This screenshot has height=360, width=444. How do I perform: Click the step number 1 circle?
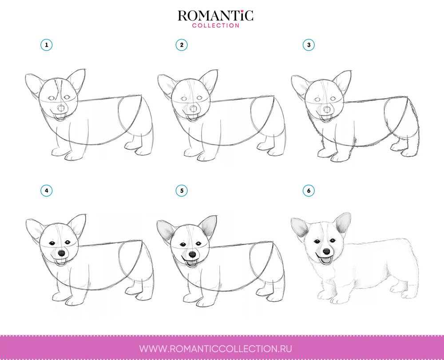pos(47,45)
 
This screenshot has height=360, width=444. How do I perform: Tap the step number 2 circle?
pos(182,45)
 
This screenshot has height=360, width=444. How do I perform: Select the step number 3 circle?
pos(309,45)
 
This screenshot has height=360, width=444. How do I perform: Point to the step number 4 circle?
pos(47,190)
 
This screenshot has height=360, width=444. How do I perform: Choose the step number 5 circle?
pos(182,190)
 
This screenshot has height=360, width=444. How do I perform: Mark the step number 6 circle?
pos(309,190)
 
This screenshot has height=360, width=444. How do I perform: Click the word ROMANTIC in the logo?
pos(215,16)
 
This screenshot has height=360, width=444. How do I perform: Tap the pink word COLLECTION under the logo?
pos(215,25)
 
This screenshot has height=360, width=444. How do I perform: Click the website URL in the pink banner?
pos(215,348)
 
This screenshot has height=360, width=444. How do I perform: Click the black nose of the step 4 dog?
pos(61,253)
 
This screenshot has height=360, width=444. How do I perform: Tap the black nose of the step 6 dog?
pos(326,251)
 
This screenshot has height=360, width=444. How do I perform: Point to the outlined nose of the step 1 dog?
pos(61,108)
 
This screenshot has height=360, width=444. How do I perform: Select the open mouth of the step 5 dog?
pos(192,263)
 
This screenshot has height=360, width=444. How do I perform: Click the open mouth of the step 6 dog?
pos(325,260)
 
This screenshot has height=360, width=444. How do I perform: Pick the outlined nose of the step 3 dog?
pos(327,110)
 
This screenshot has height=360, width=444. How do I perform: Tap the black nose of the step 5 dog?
pos(193,254)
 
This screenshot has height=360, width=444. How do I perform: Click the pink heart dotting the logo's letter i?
pos(242,12)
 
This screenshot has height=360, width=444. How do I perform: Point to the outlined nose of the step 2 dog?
pos(194,109)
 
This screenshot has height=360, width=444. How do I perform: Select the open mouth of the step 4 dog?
pos(60,261)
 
